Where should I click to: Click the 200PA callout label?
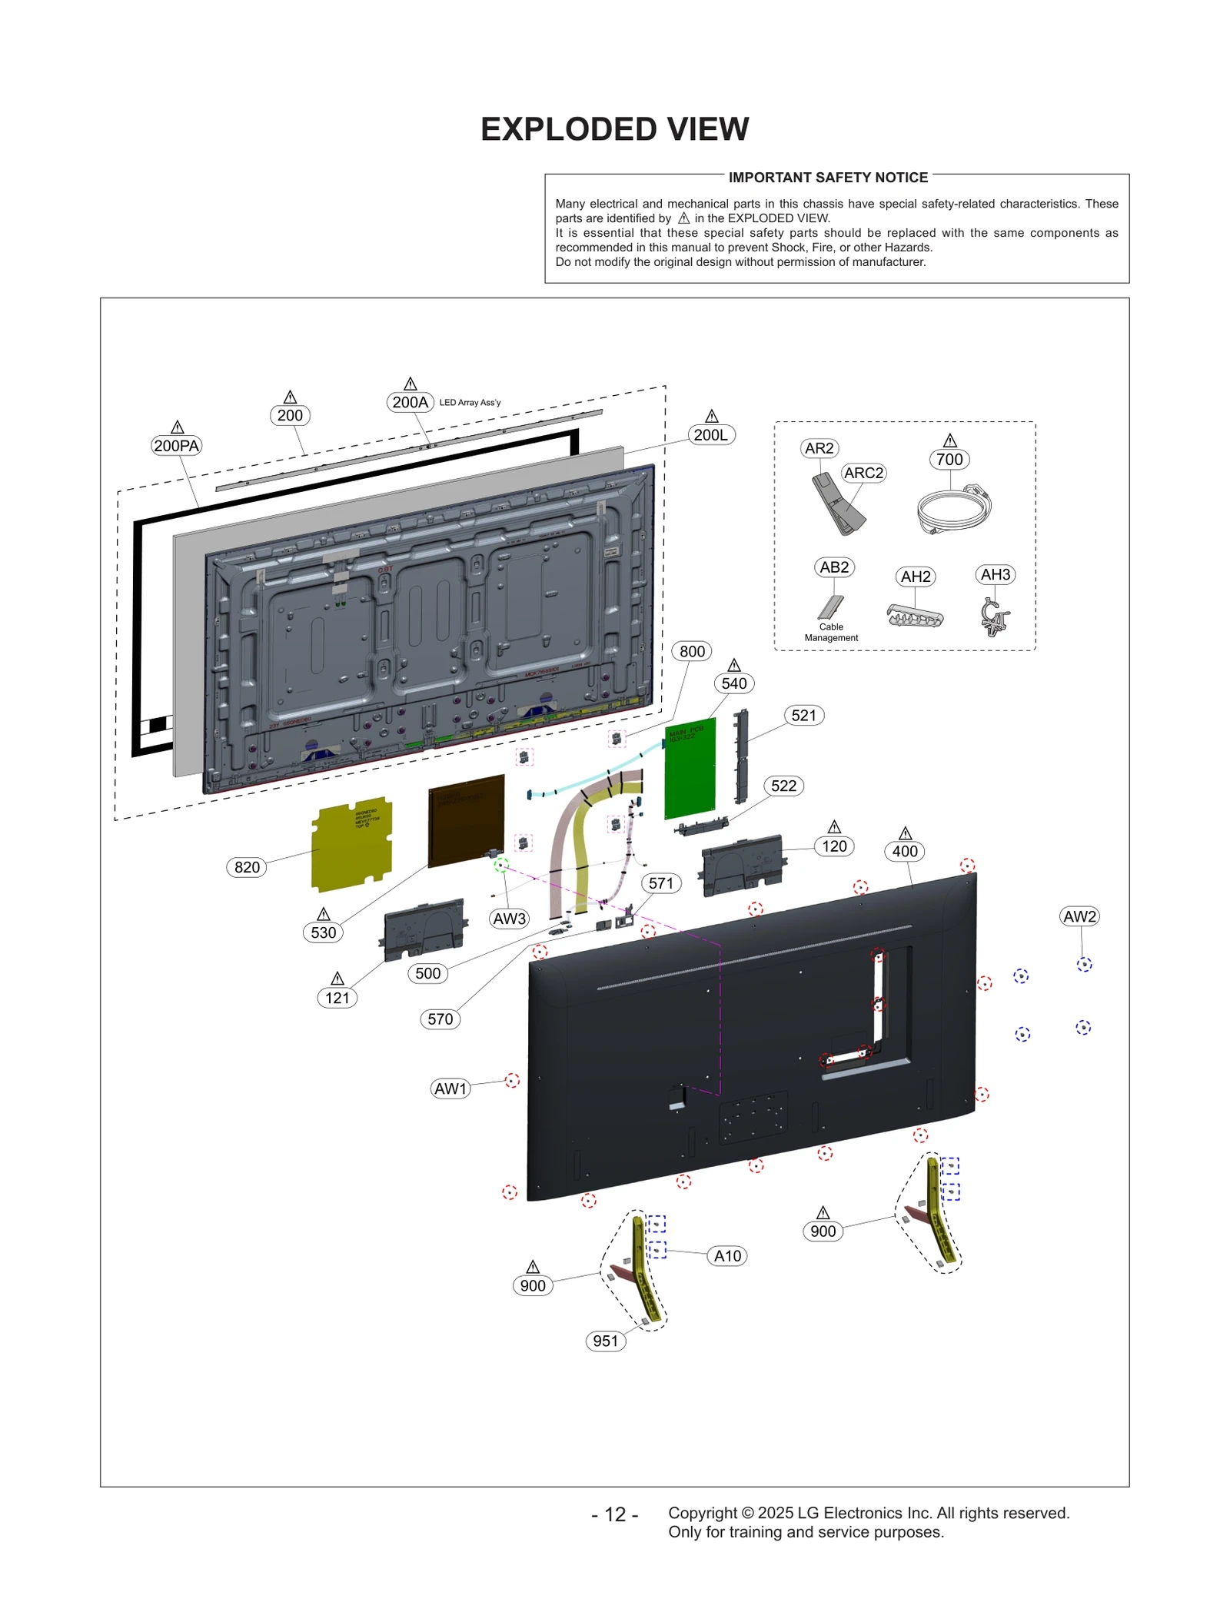coord(176,446)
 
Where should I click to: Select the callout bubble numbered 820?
coord(247,867)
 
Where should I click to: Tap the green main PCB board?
coord(690,769)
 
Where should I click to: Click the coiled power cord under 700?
coord(953,509)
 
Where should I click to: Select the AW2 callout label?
coord(1079,916)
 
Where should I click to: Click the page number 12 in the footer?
coord(615,1514)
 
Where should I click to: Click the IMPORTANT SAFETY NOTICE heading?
coord(828,178)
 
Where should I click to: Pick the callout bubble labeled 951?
coord(606,1341)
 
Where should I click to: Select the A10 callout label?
coord(727,1256)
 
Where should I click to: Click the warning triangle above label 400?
coord(905,833)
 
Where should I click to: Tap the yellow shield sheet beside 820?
coord(352,844)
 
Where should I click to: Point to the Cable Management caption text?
coord(831,632)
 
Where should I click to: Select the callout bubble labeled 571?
coord(661,883)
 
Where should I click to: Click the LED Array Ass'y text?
coord(470,403)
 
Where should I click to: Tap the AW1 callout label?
coord(450,1088)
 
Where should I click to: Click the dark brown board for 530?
coord(466,821)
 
